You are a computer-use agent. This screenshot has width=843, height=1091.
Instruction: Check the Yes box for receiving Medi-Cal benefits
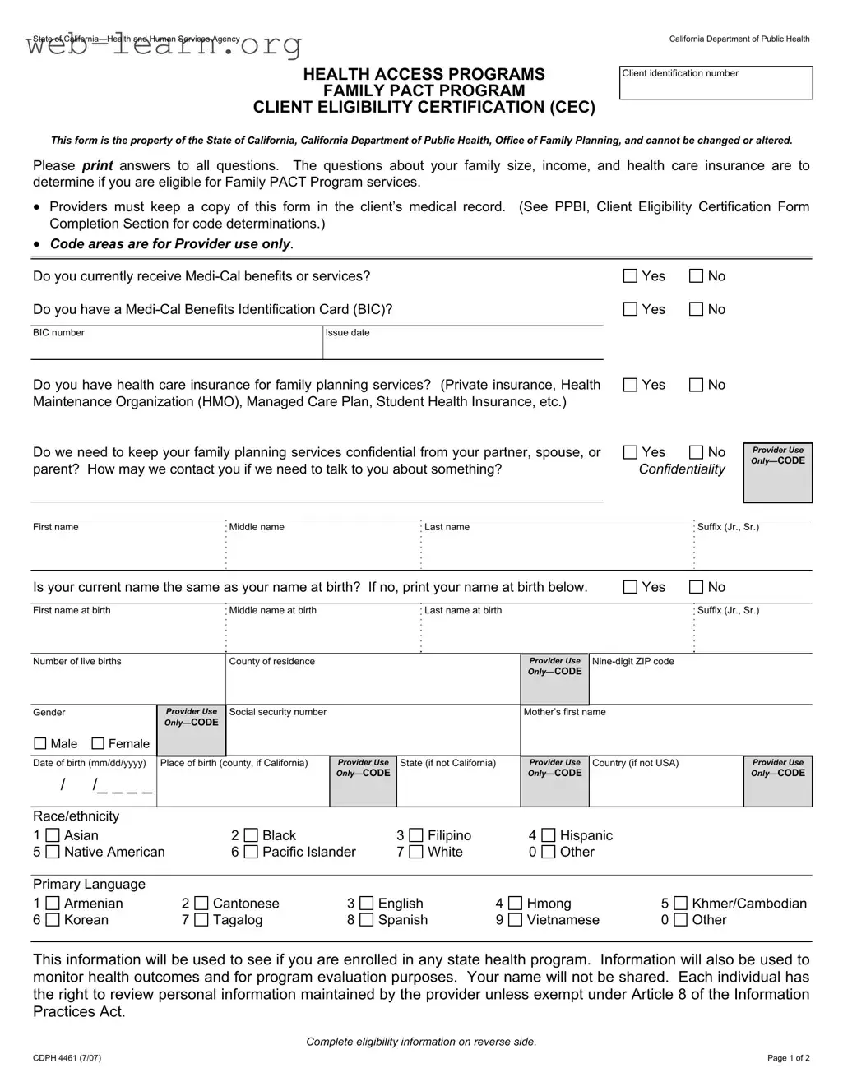(631, 276)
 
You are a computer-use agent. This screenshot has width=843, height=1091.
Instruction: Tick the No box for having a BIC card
(696, 309)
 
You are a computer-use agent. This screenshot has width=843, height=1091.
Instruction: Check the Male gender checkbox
(40, 743)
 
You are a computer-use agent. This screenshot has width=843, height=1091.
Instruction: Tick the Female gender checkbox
(98, 743)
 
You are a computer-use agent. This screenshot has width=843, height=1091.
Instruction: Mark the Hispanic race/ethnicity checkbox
(549, 835)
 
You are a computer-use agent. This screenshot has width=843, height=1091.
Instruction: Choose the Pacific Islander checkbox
(251, 852)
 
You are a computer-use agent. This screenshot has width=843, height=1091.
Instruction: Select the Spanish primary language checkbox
(367, 920)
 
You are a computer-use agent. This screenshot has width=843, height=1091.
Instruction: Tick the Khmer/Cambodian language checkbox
(680, 904)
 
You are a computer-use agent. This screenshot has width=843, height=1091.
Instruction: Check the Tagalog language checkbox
(201, 920)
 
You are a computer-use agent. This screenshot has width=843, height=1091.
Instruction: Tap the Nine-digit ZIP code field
(700, 682)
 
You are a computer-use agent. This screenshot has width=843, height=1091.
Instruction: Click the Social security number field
(373, 733)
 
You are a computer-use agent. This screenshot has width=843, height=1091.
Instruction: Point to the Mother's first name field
(665, 733)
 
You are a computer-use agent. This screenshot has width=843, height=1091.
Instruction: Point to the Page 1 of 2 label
(788, 1058)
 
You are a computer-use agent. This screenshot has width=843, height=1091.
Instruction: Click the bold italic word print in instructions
(98, 166)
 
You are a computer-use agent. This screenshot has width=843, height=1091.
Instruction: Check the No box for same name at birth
(696, 587)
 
